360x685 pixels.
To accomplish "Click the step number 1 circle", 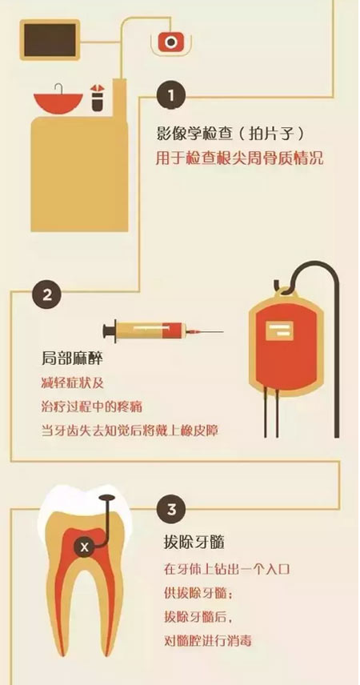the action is pos(172,95).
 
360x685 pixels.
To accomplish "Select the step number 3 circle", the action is pos(172,510).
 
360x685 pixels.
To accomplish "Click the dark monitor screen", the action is pos(50,40).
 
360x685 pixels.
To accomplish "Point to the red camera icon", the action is pos(171,42).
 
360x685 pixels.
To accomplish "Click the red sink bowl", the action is pos(58,102).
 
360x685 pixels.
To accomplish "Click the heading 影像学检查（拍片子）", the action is pos(230,134).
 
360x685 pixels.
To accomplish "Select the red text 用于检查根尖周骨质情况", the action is pos(239,158).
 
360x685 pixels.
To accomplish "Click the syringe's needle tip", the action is pos(223,332).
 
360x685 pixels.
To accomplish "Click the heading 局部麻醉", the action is pos(72,360).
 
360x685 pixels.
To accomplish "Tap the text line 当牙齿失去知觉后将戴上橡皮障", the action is pos(130,431).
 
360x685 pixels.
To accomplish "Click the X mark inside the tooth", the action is pos(85,547).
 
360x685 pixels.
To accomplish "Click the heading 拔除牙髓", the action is pos(194,544).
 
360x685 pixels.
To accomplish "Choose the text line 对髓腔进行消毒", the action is pos(208,641).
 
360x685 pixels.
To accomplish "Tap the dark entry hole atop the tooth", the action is pos(106,497).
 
